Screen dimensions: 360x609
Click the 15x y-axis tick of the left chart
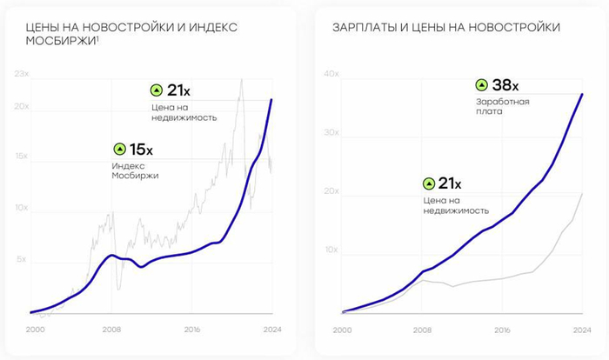click(x=22, y=157)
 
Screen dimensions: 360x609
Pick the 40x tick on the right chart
click(x=331, y=75)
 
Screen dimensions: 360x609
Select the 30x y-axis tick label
click(x=331, y=133)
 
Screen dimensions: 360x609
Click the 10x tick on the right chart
click(x=331, y=250)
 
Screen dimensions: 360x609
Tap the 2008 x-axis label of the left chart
click(x=111, y=330)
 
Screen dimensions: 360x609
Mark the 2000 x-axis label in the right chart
click(x=343, y=330)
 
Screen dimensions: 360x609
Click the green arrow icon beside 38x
click(x=481, y=85)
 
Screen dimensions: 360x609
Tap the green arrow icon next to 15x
click(x=119, y=149)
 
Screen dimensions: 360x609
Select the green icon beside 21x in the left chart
click(x=157, y=90)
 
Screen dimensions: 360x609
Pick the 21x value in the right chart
click(x=449, y=183)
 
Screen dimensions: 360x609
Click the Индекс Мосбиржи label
click(x=135, y=170)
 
